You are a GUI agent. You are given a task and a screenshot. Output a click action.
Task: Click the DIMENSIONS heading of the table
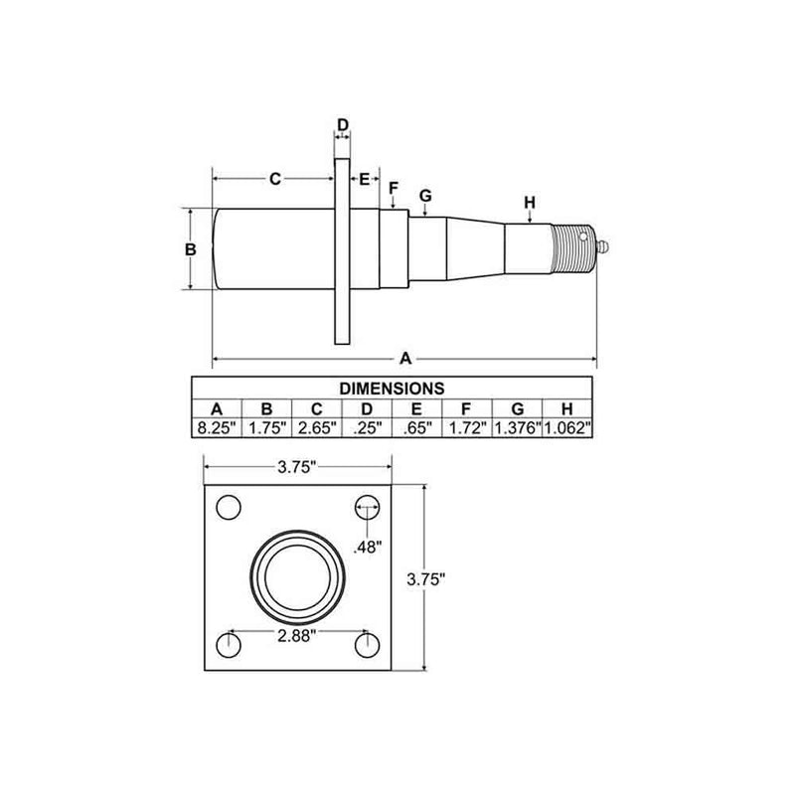tap(392, 388)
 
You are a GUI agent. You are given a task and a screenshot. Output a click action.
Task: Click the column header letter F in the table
tap(467, 408)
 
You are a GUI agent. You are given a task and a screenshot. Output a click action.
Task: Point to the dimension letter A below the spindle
tap(404, 357)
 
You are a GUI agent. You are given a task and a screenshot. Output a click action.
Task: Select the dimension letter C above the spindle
tap(274, 179)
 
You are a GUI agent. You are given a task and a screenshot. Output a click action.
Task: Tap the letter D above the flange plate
tap(342, 125)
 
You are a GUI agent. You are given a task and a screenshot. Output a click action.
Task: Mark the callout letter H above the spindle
tap(530, 203)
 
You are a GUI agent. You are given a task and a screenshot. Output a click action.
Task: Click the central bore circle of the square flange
tap(299, 576)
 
